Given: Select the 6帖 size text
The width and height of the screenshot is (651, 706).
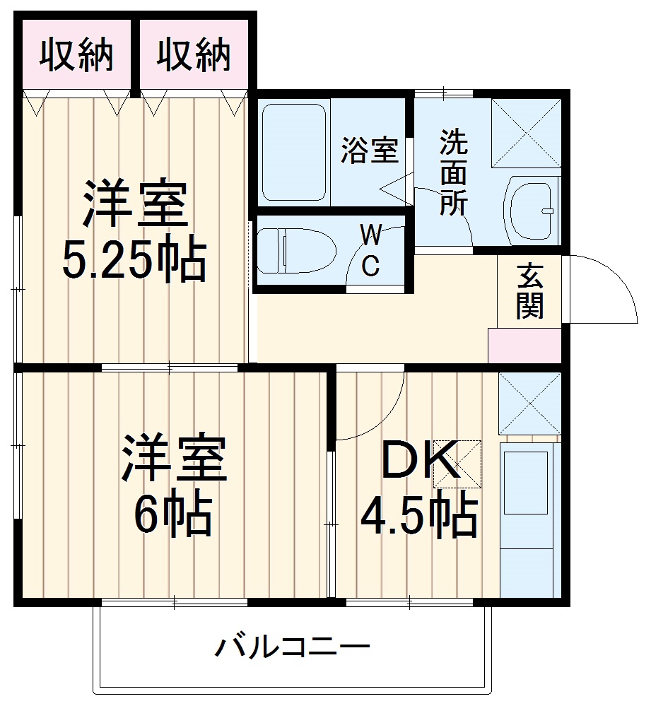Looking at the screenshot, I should pos(173,515).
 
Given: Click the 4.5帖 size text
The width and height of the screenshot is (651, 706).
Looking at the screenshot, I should pos(418,516).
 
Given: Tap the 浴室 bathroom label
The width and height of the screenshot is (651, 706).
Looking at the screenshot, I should pos(369,151).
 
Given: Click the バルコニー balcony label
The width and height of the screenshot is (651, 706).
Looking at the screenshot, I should pos(293,646).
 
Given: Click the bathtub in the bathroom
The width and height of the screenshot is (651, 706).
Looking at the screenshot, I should pos(294,151).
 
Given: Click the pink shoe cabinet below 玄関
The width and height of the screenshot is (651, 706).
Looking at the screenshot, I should pos(524,346).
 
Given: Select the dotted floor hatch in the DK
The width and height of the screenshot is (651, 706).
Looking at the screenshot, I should pos(457,464).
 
